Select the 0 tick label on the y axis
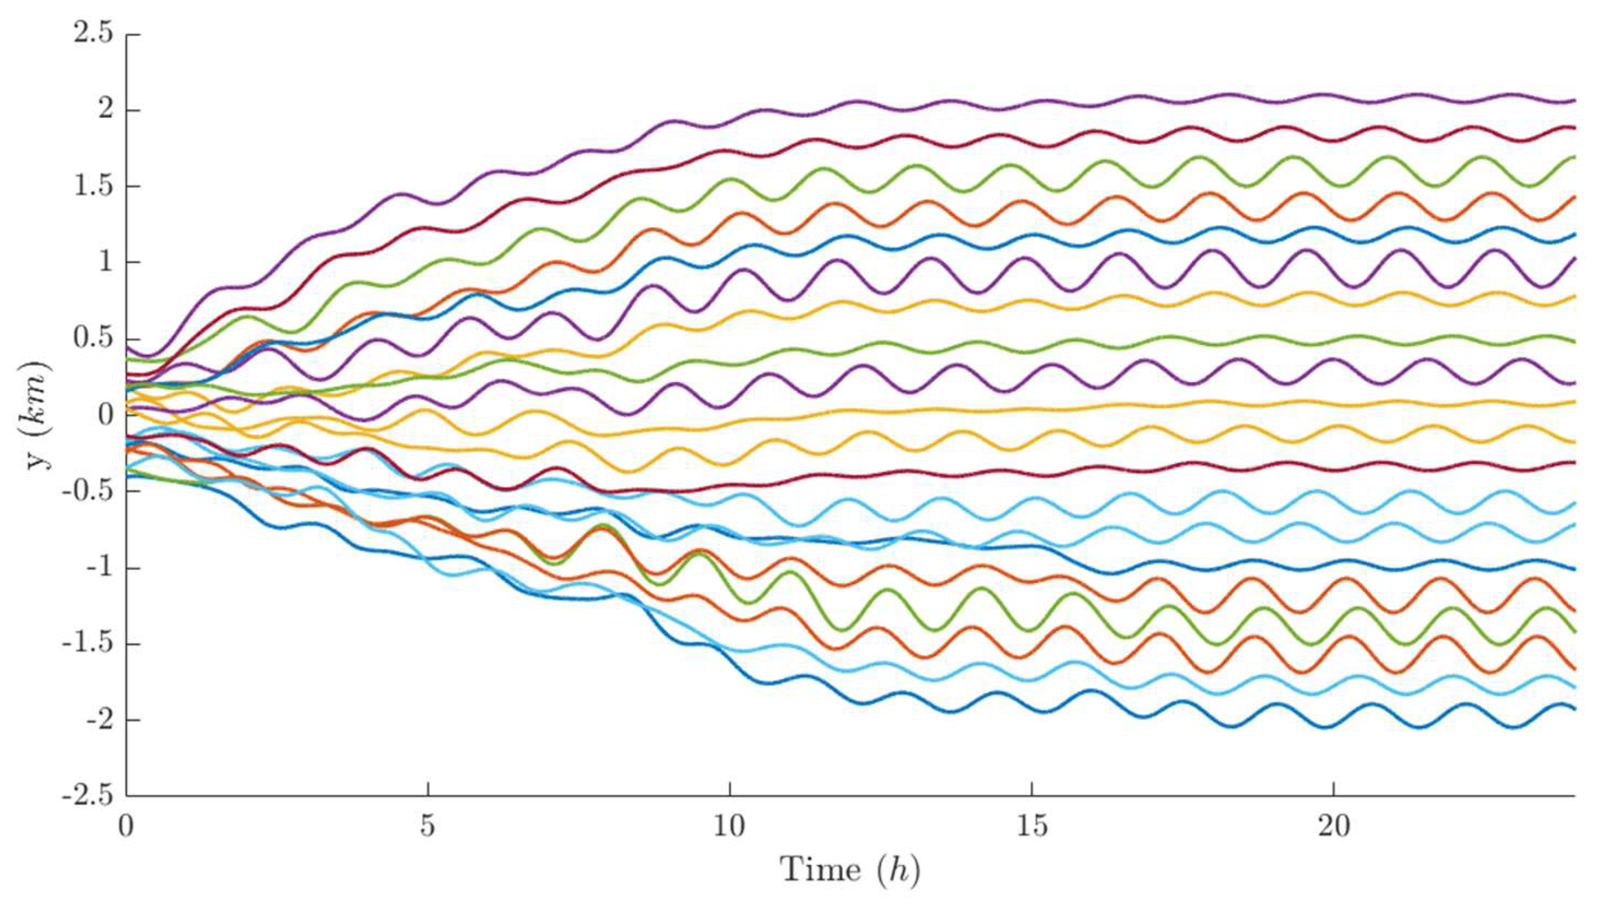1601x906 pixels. [x=106, y=415]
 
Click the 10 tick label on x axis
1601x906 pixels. [x=729, y=826]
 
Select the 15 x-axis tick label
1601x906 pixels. [x=1031, y=826]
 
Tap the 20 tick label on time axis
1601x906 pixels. [x=1333, y=826]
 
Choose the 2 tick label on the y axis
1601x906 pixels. [x=106, y=110]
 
